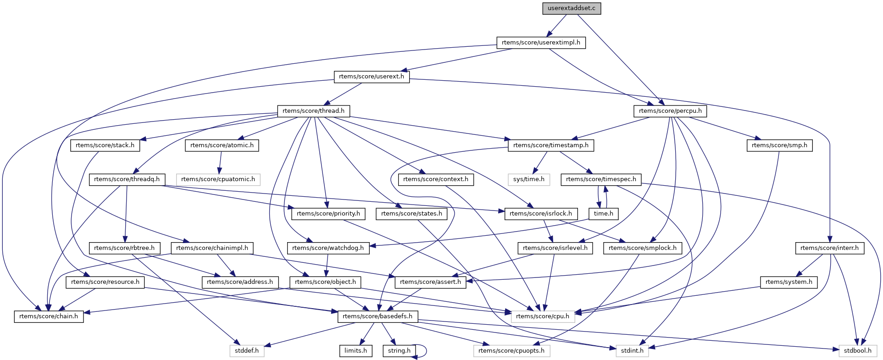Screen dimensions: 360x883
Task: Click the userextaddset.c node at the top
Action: [x=571, y=8]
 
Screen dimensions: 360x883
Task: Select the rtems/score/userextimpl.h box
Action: [x=541, y=43]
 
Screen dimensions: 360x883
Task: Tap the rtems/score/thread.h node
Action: [x=313, y=111]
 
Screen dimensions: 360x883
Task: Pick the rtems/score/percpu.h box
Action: [x=670, y=111]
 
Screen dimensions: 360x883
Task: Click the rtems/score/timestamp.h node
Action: [x=550, y=145]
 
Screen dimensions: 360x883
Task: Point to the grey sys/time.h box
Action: [x=528, y=179]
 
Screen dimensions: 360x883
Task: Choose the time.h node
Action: [x=603, y=214]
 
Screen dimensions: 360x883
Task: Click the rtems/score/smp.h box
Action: [x=779, y=145]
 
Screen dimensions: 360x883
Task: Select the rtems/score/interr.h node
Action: [x=829, y=248]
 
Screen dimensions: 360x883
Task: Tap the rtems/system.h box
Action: [x=789, y=282]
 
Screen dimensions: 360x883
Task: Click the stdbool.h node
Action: [x=858, y=351]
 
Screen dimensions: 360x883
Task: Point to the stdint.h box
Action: [x=632, y=351]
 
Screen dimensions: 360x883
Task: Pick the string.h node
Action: [x=399, y=351]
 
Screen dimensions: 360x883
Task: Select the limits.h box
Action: [x=355, y=351]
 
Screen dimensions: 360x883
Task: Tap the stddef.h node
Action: [x=247, y=351]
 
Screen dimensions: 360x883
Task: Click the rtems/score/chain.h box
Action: [x=49, y=316]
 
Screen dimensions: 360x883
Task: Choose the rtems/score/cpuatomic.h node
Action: [x=218, y=179]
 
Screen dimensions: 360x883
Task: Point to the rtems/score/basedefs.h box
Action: [x=377, y=316]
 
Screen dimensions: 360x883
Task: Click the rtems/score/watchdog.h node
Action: [x=328, y=248]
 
